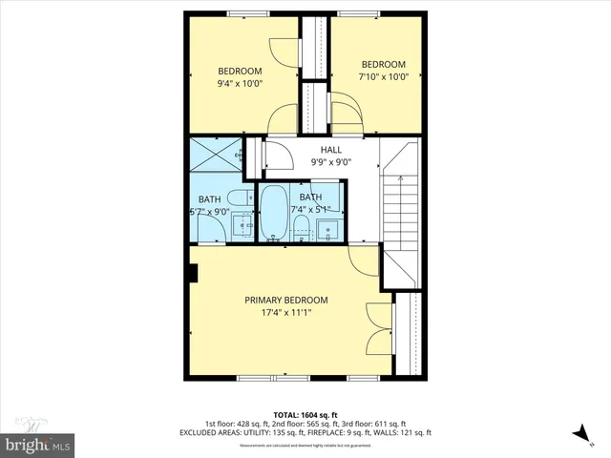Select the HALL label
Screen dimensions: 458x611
pyautogui.click(x=330, y=150)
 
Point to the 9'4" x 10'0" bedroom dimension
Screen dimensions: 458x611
pyautogui.click(x=240, y=84)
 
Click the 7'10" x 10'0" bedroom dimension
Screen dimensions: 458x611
pyautogui.click(x=383, y=76)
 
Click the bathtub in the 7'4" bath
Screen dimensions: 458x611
pyautogui.click(x=273, y=212)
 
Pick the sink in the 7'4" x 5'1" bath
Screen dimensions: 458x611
pyautogui.click(x=330, y=229)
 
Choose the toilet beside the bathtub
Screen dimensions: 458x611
pyautogui.click(x=301, y=227)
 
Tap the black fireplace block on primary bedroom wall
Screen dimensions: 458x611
pyautogui.click(x=194, y=275)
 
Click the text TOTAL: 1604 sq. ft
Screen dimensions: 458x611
pyautogui.click(x=305, y=414)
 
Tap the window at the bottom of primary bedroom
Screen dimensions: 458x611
pyautogui.click(x=277, y=378)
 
